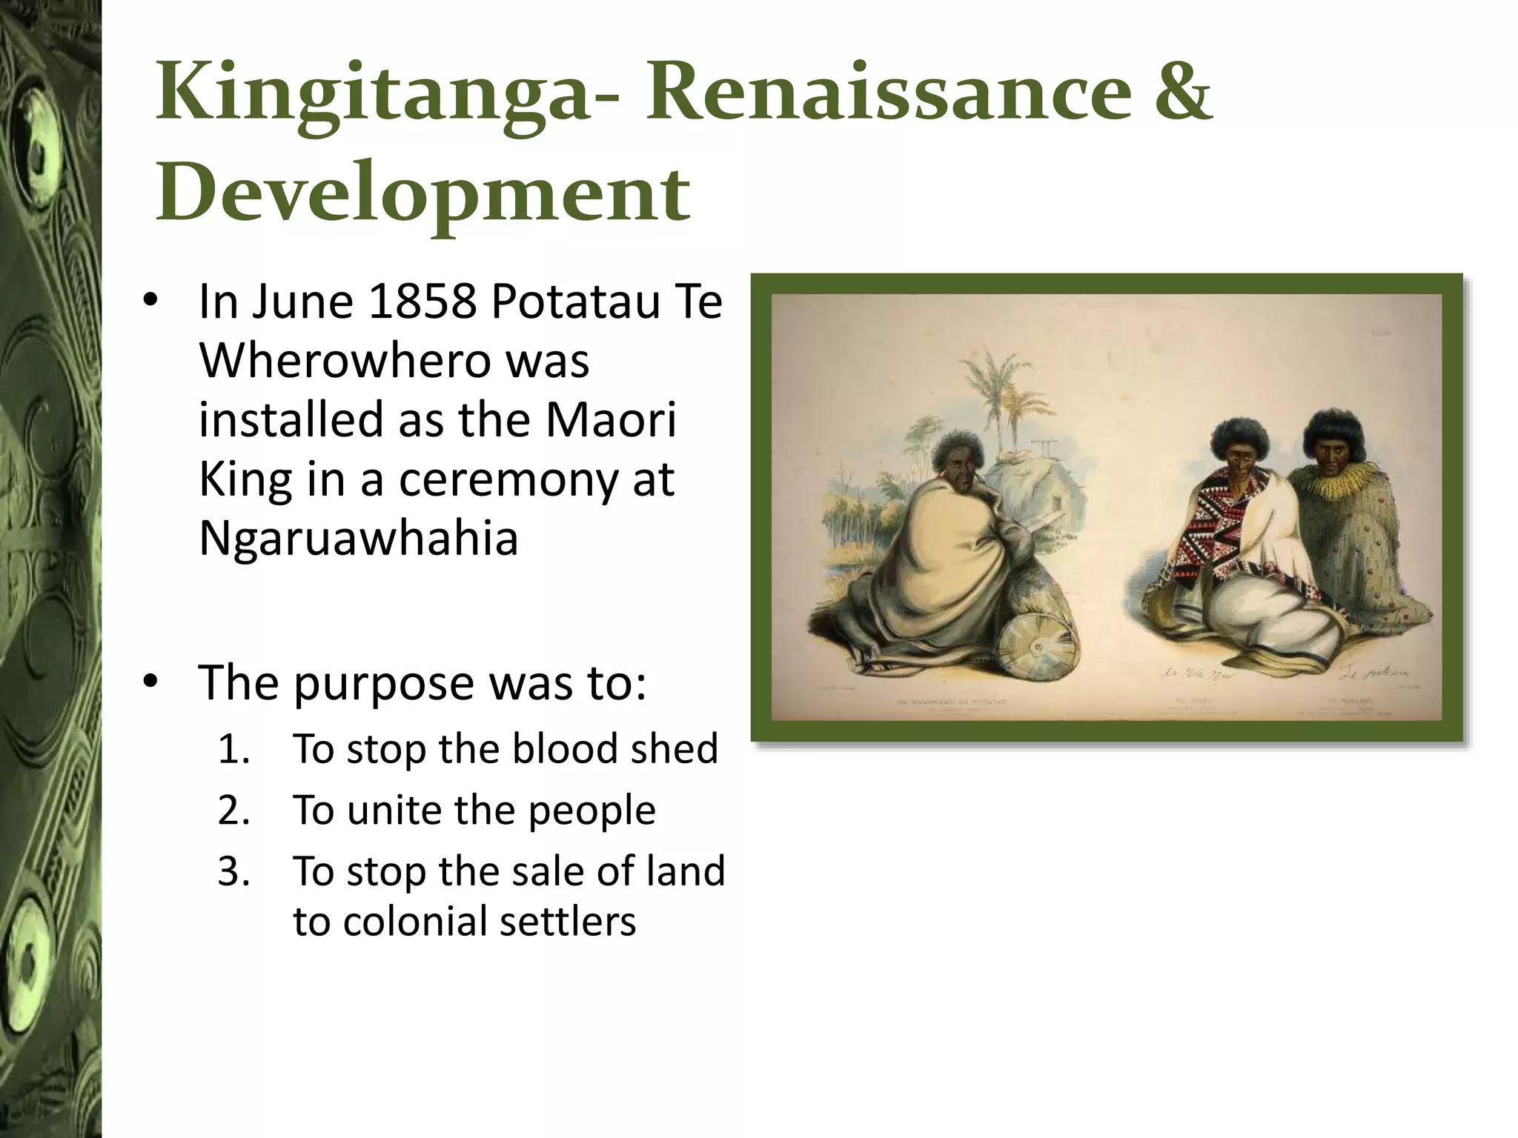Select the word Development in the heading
tap(422, 194)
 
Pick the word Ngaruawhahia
tap(358, 538)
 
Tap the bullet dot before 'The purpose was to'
tap(151, 682)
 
